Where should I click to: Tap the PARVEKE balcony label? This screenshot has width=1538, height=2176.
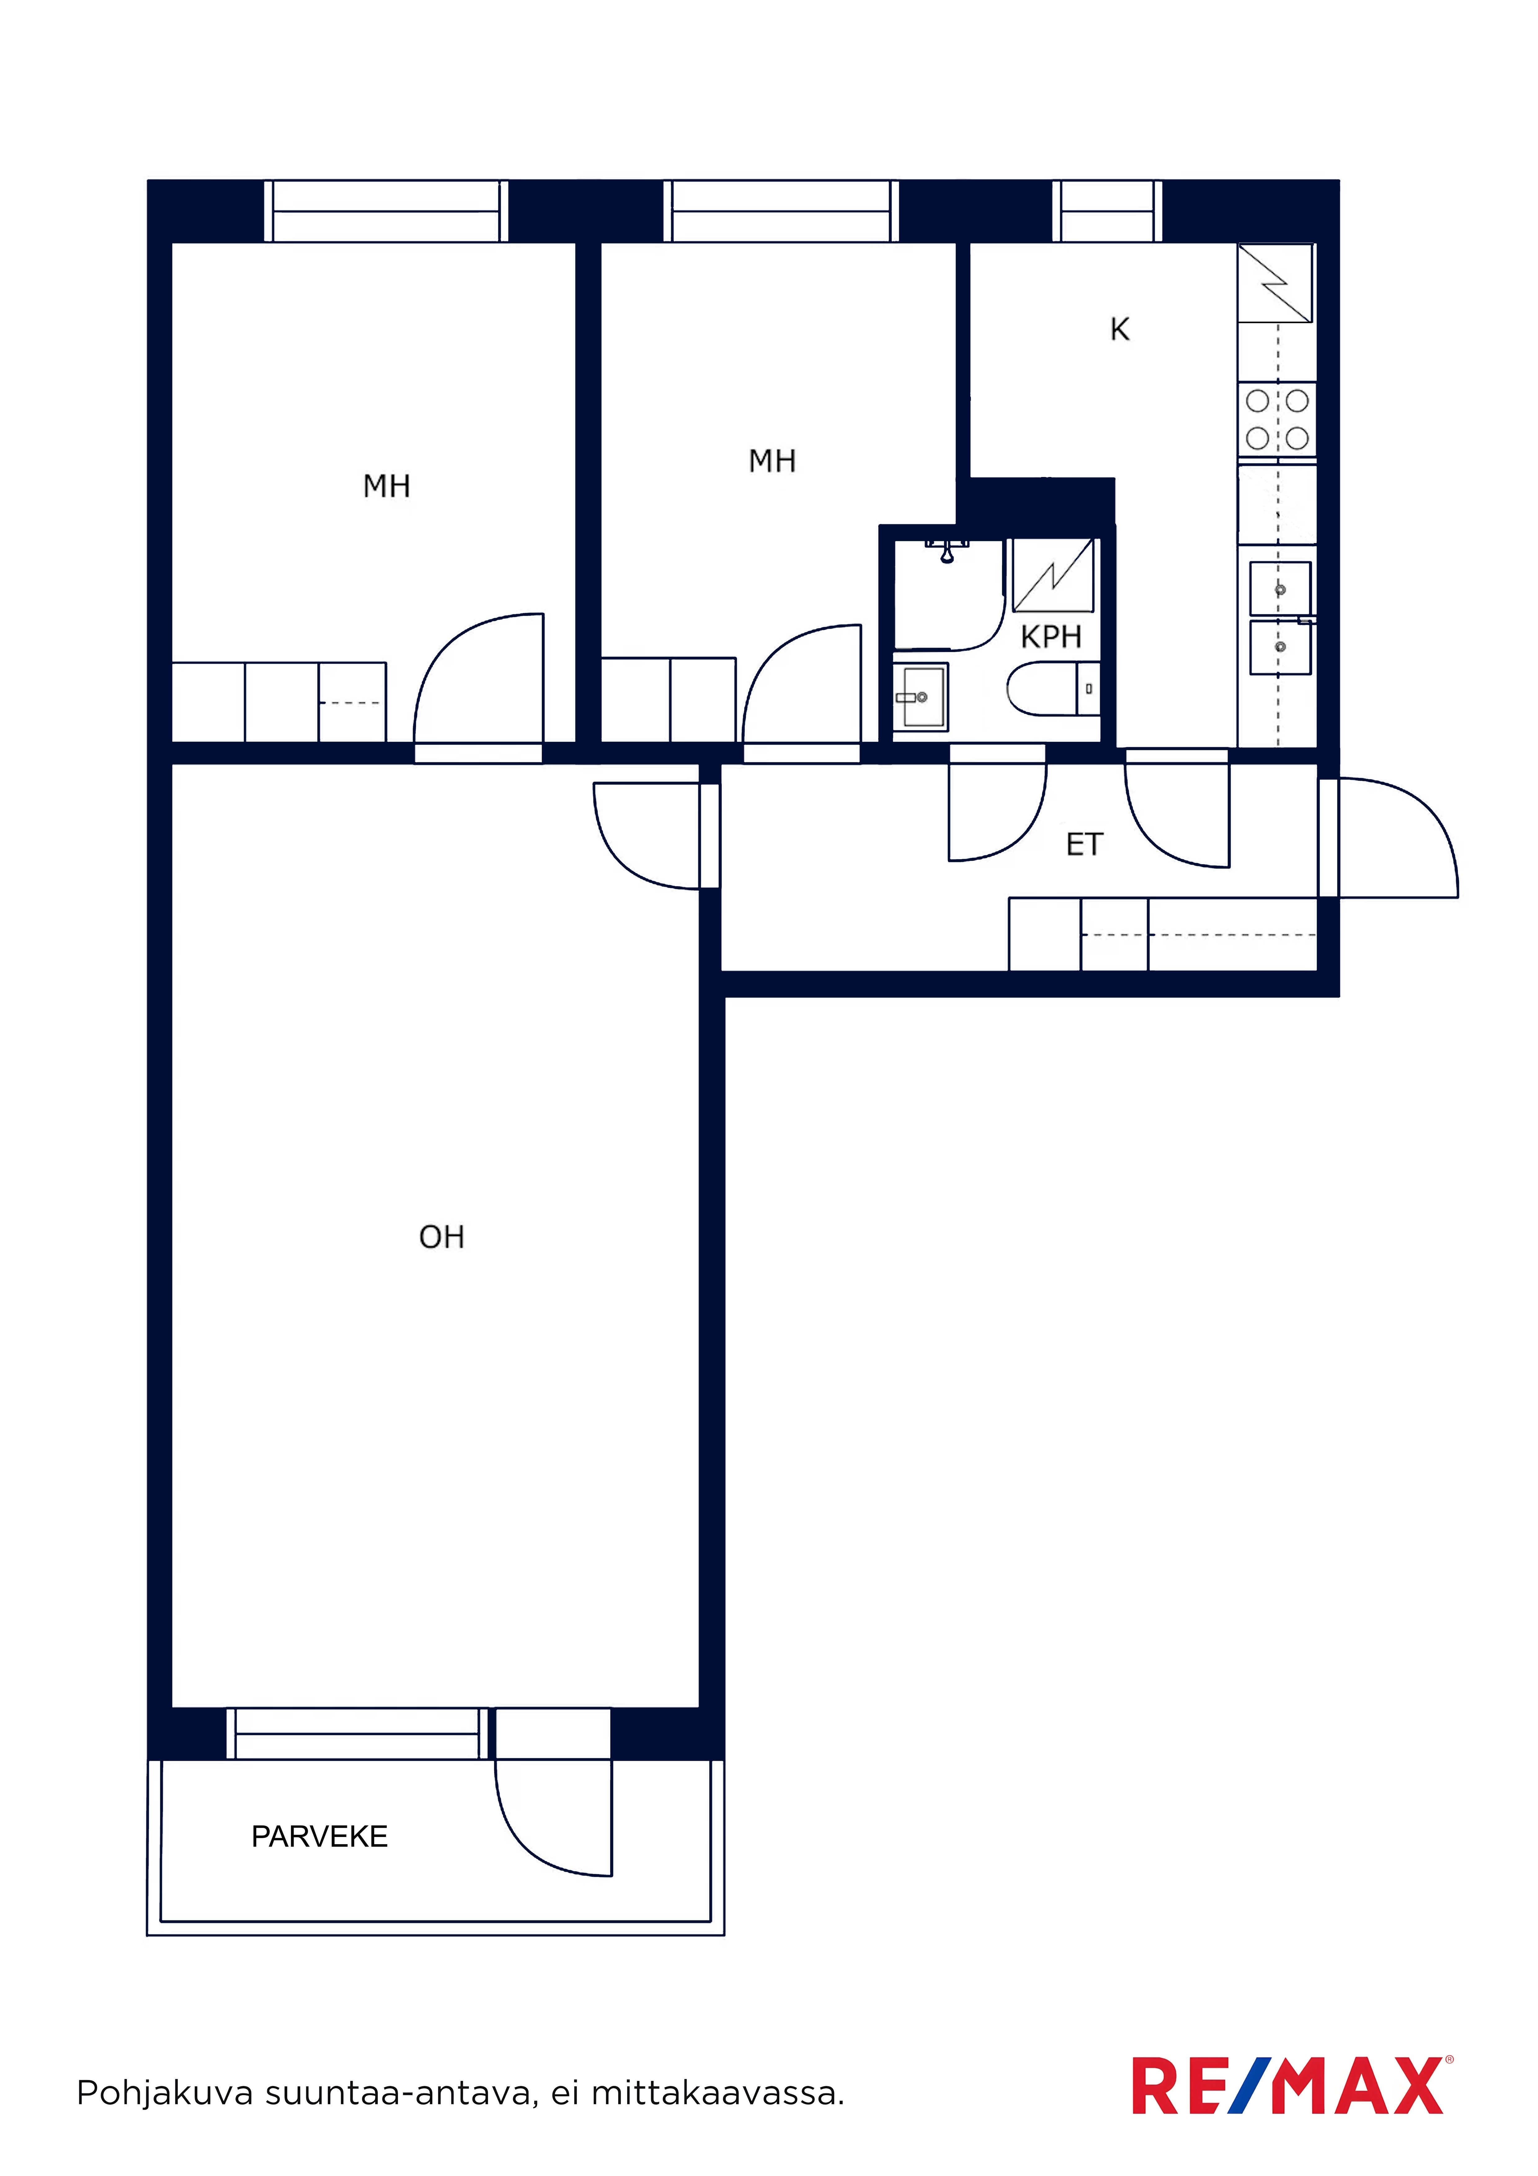(x=319, y=1837)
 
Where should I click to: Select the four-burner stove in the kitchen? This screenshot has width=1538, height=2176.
(x=1277, y=419)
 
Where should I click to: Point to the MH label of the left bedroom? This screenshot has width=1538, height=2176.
(x=387, y=486)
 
